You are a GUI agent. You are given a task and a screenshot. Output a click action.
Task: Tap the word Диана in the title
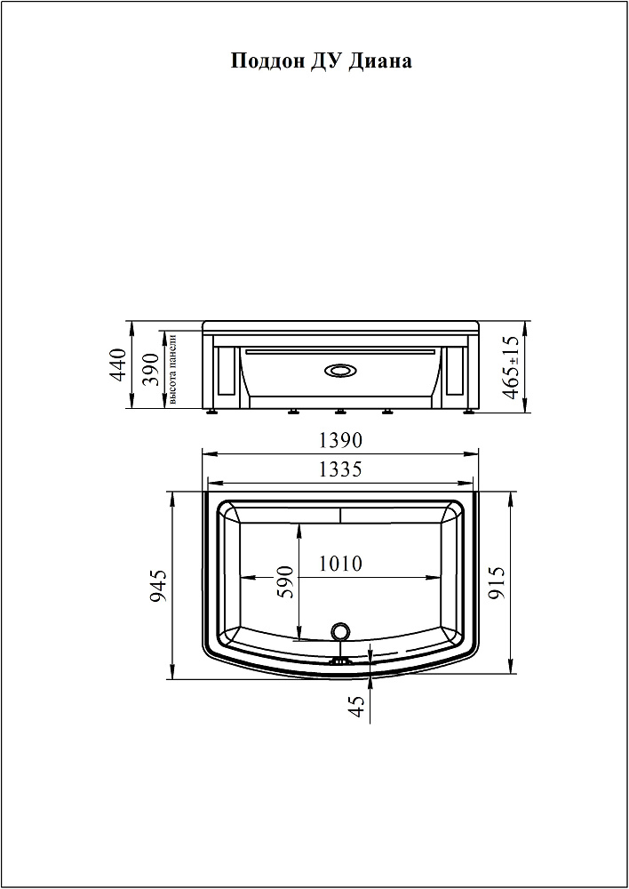point(379,60)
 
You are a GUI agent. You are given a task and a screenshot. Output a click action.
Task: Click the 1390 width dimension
point(340,439)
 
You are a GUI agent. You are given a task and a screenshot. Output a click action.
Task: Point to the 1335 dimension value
point(340,469)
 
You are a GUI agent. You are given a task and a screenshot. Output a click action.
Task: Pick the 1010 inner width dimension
point(340,564)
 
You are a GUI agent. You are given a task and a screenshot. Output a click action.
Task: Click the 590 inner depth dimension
point(286,581)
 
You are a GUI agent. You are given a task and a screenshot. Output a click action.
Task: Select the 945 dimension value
point(159,586)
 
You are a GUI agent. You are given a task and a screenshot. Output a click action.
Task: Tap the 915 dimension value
point(497,583)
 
